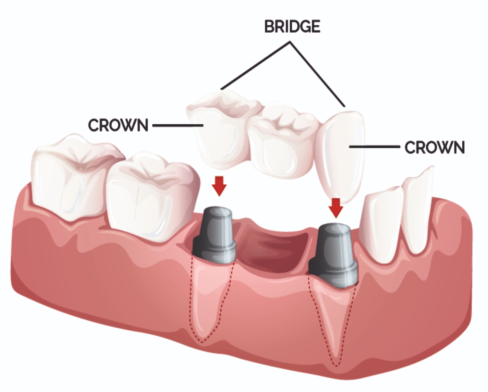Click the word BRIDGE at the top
292,27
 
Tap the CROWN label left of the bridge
118,125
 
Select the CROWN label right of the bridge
435,147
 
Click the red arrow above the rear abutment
219,186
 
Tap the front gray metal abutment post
333,255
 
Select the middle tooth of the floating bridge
282,141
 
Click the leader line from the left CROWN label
178,125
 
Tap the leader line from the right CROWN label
375,147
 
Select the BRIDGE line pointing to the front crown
318,74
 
